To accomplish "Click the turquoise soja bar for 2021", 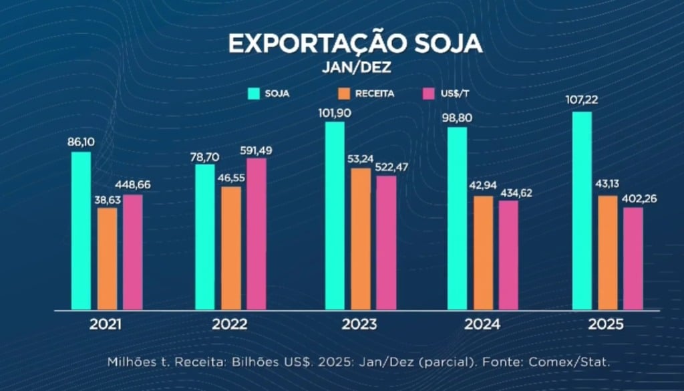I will click(81, 231).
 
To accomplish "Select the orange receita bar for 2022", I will click(231, 248).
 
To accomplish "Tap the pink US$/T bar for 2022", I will click(256, 234).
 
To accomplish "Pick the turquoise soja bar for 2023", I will click(335, 216).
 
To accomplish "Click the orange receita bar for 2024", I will click(484, 253).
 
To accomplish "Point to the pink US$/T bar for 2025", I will click(633, 259).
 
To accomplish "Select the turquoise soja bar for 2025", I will click(582, 211).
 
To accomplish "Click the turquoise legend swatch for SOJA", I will click(254, 94).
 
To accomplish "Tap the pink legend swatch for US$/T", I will click(430, 94).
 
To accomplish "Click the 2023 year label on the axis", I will click(359, 325).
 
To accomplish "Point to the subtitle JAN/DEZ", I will click(355, 68).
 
